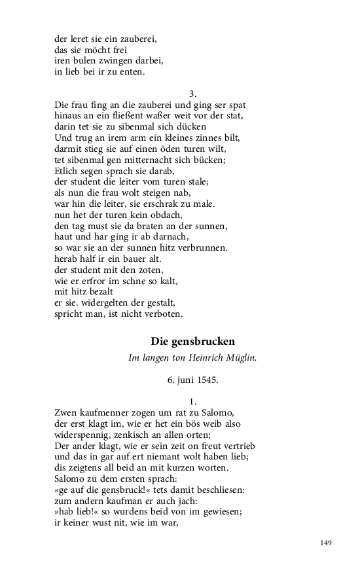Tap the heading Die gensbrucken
click(x=192, y=341)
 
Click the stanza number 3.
click(x=193, y=94)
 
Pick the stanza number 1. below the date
click(x=193, y=401)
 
